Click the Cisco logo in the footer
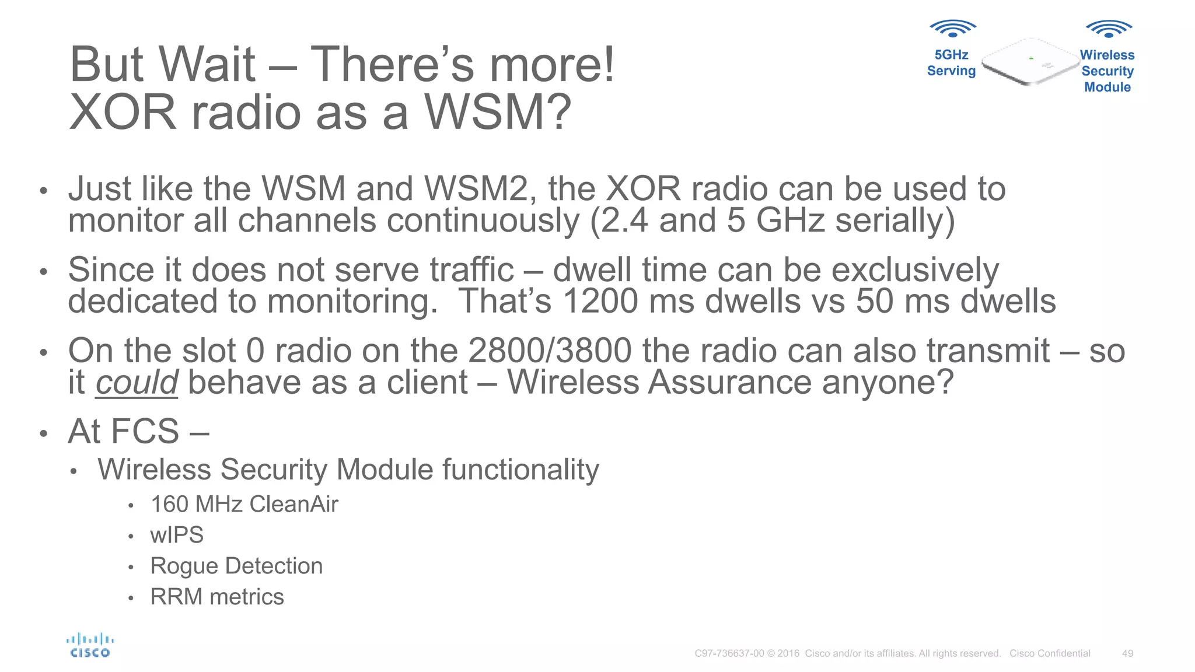(x=90, y=646)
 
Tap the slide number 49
(x=1127, y=653)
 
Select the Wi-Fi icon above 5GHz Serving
(x=952, y=28)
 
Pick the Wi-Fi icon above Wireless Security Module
(x=1108, y=28)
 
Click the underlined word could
(x=137, y=383)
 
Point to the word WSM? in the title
(x=497, y=112)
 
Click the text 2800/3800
(x=550, y=351)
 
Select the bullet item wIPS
(x=177, y=535)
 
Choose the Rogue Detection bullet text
(x=236, y=566)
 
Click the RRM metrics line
(x=217, y=597)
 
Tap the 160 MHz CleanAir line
(x=244, y=504)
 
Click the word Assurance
(x=729, y=383)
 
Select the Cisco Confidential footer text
(x=1050, y=653)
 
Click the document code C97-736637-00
(x=729, y=653)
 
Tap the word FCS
(x=145, y=432)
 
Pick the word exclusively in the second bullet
(x=915, y=270)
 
